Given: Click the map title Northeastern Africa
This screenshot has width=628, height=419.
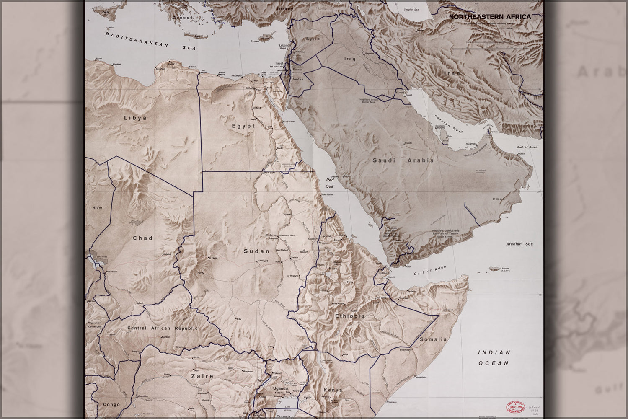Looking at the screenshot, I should pos(490,17).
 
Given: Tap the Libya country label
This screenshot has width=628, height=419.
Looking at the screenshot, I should pos(135,118).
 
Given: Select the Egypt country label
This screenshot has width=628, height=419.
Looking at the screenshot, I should pos(243,126).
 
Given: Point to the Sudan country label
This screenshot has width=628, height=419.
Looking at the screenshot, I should pos(256,251).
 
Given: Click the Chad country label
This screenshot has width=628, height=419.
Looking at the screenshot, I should pos(142,238).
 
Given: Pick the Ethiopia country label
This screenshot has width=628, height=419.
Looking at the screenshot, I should pos(350,316).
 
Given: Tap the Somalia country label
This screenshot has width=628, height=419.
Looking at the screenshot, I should pos(433,339).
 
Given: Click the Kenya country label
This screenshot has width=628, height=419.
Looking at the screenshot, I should pos(333,390).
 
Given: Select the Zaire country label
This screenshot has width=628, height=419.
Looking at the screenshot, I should pos(202,376).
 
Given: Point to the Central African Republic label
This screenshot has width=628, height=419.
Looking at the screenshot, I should pos(162,328).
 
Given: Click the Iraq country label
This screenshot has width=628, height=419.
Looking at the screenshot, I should pos(349,59).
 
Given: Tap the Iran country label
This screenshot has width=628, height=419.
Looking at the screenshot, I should pos(452,73).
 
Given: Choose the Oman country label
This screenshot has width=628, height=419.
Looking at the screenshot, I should pos(499,199).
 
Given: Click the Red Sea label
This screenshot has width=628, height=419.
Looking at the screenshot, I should pos(330,183).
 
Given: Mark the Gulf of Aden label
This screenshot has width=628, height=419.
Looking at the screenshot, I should pos(430,271).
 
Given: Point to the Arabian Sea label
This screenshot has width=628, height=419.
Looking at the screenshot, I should pos(519,244).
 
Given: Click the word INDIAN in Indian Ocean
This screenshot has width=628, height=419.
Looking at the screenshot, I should pos(494,353).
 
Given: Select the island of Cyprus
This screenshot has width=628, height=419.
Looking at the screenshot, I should pos(265,39).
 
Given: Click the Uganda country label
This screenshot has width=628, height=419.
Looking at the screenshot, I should pos(280,388).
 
